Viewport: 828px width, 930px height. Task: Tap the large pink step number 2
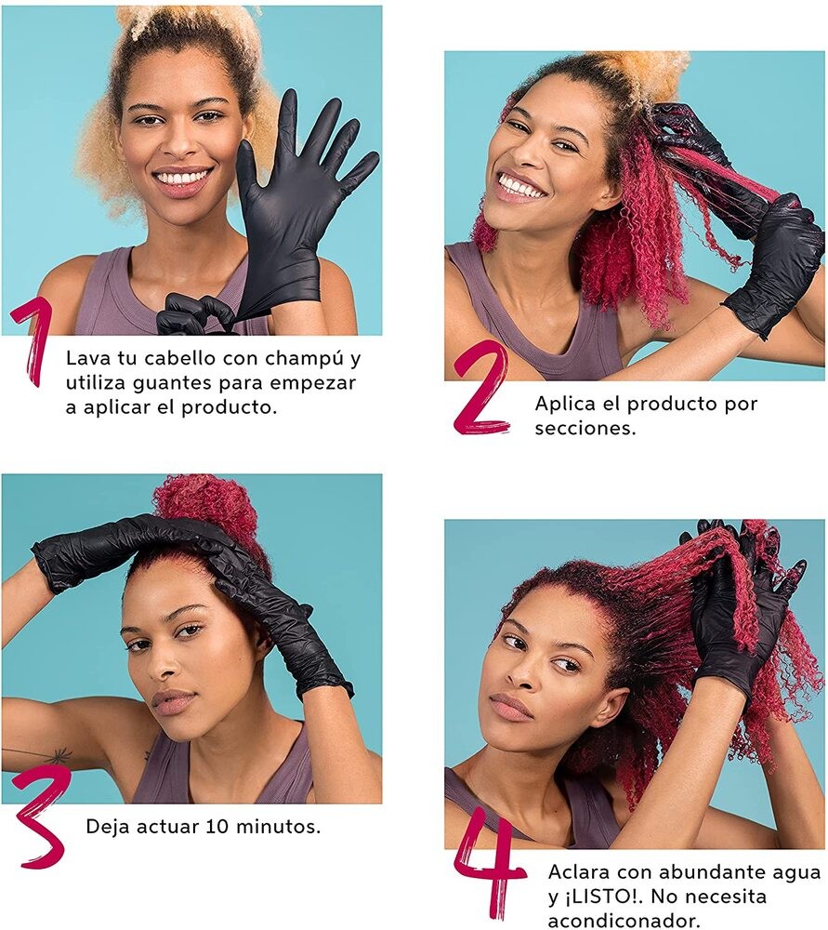(x=481, y=388)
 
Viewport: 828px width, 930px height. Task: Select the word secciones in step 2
(x=585, y=428)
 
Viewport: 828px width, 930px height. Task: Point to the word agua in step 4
(x=796, y=873)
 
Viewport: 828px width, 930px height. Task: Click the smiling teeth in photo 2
(x=520, y=187)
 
